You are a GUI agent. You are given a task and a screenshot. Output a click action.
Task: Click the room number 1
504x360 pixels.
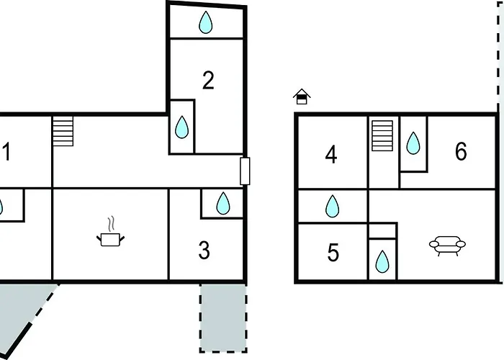(x=6, y=152)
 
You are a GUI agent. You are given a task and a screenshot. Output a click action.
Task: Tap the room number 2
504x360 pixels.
(x=208, y=81)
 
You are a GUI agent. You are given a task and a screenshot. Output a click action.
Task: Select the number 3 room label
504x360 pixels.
(x=204, y=250)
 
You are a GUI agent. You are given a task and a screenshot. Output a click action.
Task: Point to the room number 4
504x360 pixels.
(x=331, y=155)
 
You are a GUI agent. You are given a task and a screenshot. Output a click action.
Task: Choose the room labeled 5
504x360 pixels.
(x=333, y=252)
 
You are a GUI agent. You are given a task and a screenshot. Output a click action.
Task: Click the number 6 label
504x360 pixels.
(x=461, y=151)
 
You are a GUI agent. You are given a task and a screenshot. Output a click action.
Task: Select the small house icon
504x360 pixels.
(x=302, y=96)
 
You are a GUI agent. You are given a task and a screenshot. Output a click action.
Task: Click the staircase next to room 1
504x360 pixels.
(x=63, y=131)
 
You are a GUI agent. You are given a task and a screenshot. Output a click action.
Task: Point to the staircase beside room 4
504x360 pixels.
(x=382, y=135)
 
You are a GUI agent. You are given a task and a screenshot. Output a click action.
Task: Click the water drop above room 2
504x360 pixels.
(x=206, y=22)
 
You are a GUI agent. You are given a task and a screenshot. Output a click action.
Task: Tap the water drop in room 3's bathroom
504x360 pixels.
(x=223, y=203)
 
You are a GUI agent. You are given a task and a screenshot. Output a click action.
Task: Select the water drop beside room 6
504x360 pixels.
(x=413, y=143)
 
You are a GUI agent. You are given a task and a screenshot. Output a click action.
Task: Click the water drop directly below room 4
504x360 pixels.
(x=332, y=206)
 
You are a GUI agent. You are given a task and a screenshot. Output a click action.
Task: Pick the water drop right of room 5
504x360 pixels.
(x=382, y=262)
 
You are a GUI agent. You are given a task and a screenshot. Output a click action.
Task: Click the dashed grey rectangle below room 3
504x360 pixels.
(x=223, y=318)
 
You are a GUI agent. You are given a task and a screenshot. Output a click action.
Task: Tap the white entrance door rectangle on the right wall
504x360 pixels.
(x=245, y=171)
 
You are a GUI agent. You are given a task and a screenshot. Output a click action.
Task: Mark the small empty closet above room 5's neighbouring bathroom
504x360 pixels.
(x=382, y=231)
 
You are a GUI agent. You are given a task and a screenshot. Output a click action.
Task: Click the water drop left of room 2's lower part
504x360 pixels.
(x=181, y=127)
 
